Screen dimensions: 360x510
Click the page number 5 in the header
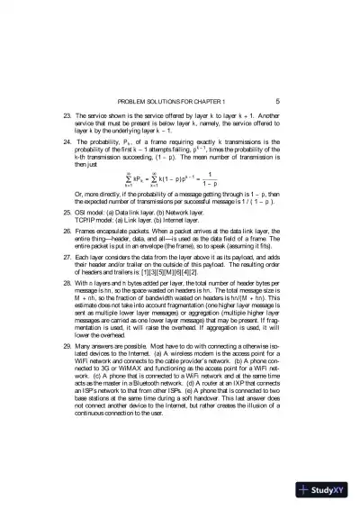(278, 101)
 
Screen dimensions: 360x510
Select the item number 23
(66, 117)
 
